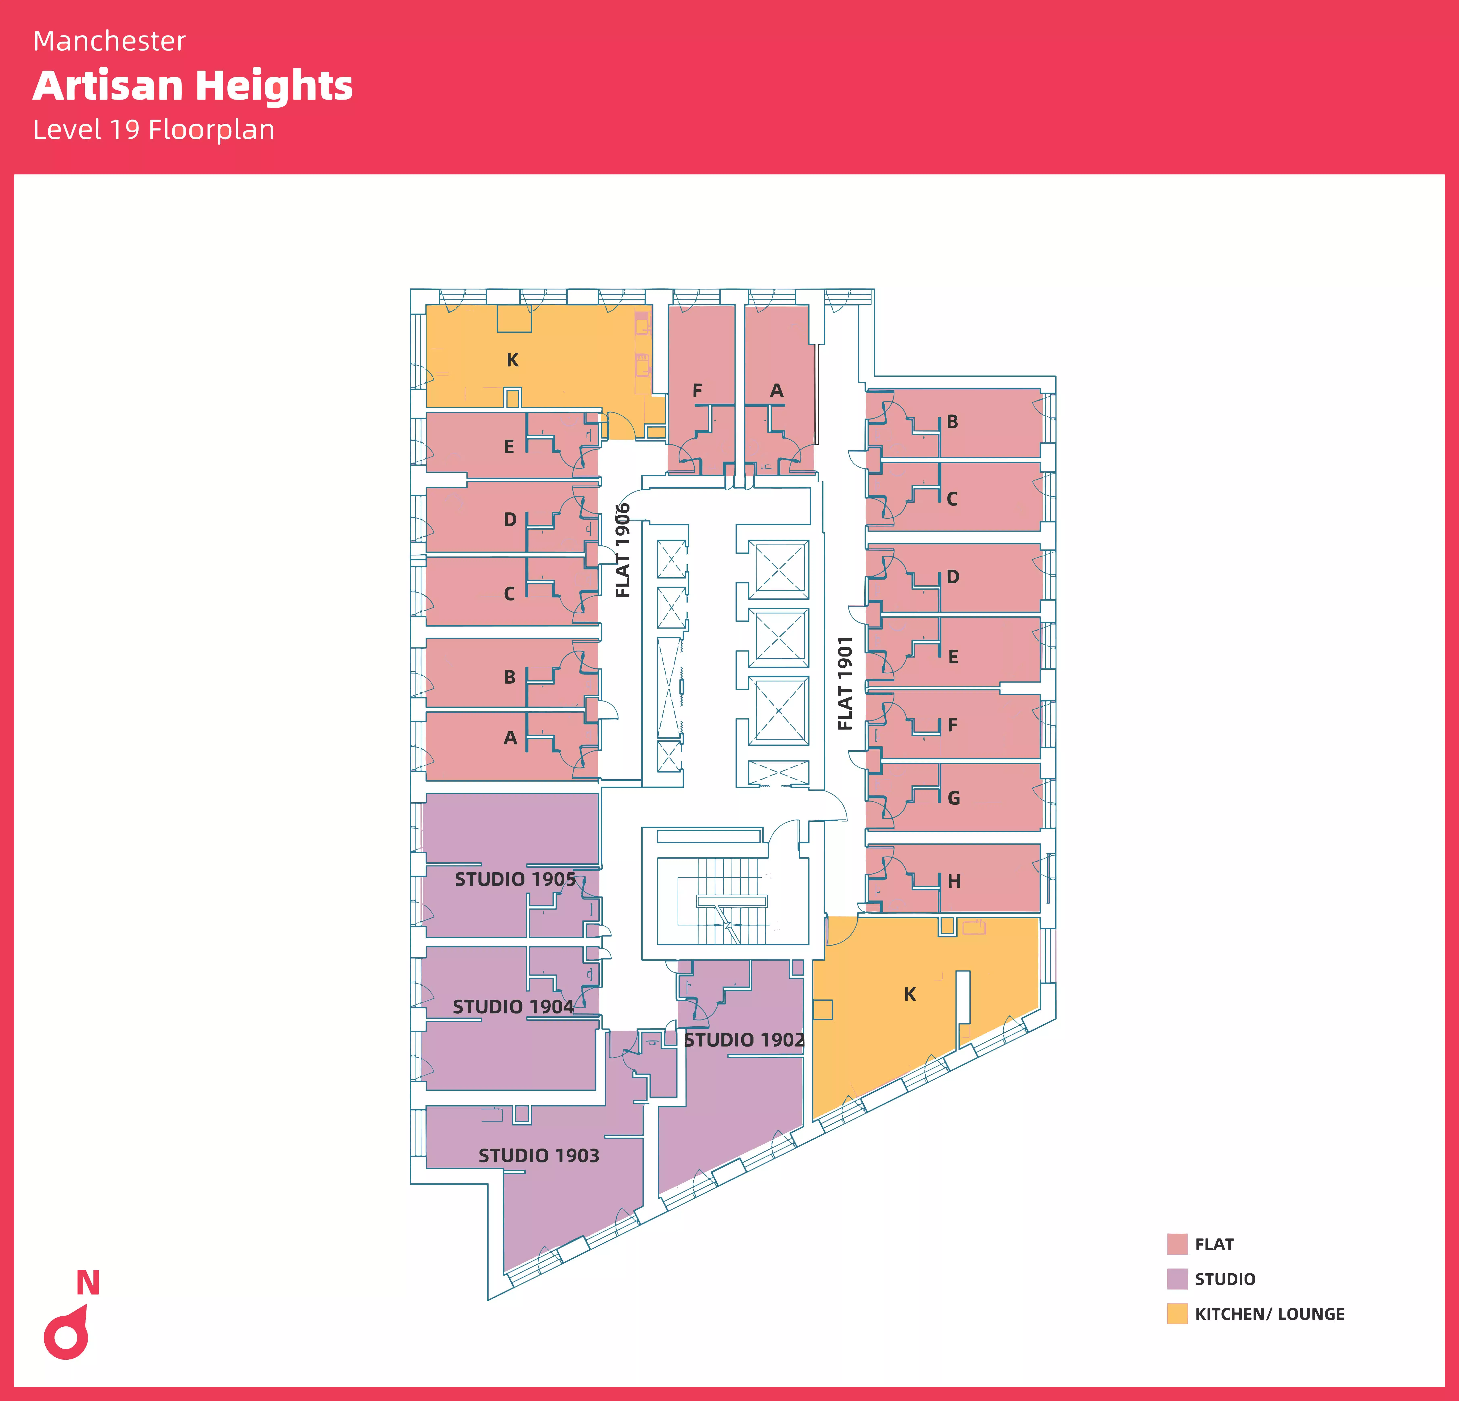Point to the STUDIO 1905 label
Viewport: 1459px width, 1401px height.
tap(515, 879)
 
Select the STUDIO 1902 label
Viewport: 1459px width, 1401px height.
tap(744, 1040)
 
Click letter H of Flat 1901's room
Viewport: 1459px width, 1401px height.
tap(954, 881)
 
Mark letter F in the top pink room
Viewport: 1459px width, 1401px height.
tap(697, 391)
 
